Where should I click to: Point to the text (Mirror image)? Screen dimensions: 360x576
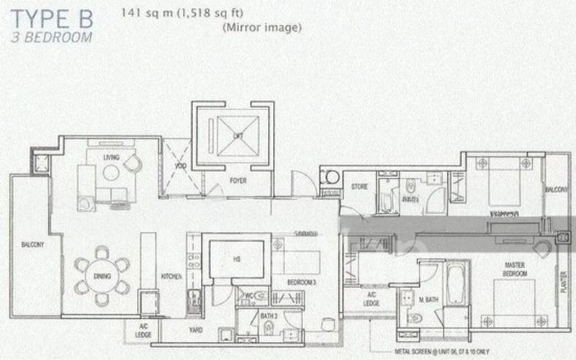coord(260,28)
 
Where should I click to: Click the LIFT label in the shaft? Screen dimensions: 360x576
coord(237,136)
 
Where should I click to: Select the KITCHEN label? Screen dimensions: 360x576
coord(170,276)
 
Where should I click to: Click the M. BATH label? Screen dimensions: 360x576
coord(410,300)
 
